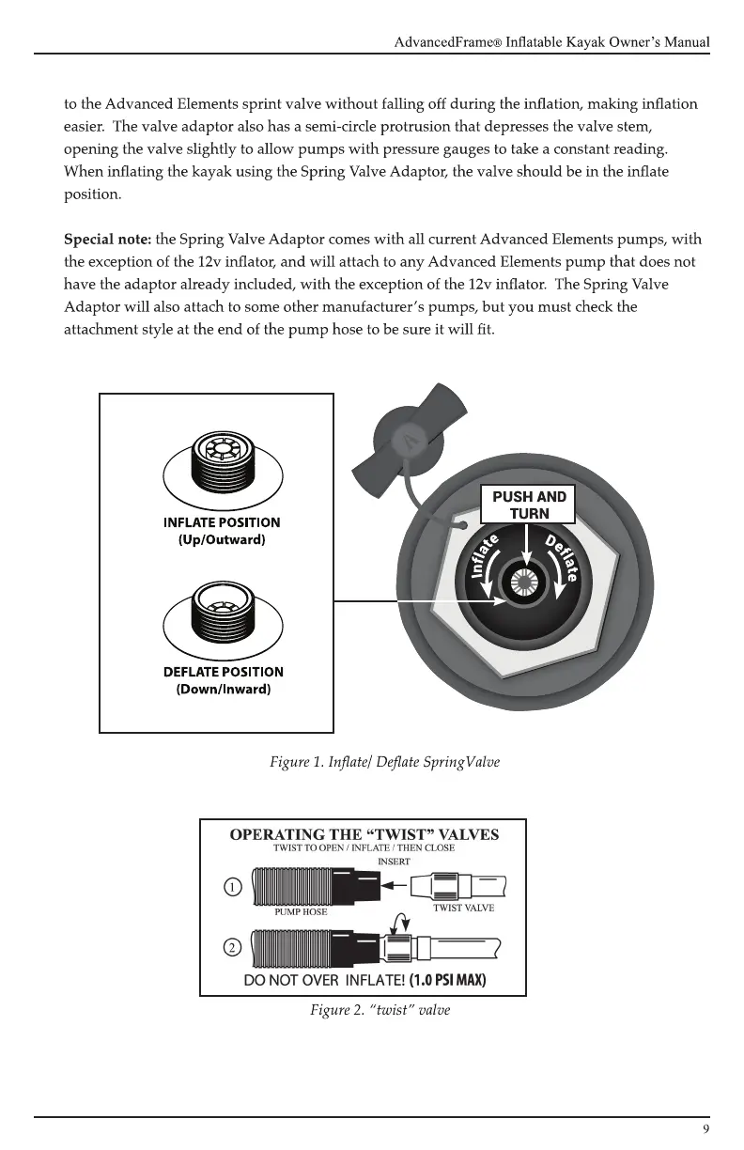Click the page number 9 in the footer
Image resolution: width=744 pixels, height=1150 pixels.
[705, 1129]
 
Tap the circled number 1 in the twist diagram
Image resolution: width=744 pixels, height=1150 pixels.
[234, 886]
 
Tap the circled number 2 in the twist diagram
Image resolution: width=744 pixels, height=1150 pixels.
[234, 946]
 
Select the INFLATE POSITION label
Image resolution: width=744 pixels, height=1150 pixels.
[222, 522]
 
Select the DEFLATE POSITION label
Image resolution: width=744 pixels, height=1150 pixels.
[224, 672]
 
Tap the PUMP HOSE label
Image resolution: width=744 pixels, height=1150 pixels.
[301, 912]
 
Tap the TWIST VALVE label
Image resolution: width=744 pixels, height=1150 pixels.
[463, 909]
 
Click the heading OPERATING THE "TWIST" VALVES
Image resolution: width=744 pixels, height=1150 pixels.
[364, 834]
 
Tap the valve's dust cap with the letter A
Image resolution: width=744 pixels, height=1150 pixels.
[407, 438]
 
